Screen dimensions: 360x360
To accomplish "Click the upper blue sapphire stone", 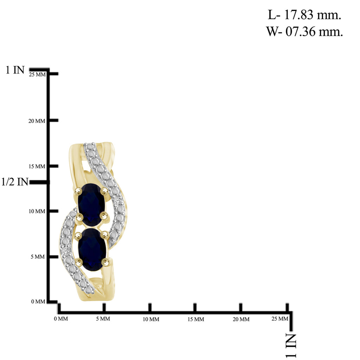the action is tap(91, 204).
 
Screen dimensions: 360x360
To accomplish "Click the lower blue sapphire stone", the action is tap(92, 250).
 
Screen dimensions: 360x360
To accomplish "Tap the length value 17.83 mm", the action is tap(313, 15).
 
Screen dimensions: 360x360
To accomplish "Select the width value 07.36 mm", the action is tap(314, 31).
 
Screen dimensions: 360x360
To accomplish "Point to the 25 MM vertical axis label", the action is tap(37, 75).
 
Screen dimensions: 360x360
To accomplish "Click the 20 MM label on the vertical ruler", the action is tap(37, 121).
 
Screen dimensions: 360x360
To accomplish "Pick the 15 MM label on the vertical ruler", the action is tap(37, 166).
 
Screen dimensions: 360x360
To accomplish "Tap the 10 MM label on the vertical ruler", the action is tap(37, 211).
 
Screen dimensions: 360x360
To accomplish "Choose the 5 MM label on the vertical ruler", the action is tap(38, 257).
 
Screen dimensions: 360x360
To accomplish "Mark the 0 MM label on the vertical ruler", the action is tap(38, 301).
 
